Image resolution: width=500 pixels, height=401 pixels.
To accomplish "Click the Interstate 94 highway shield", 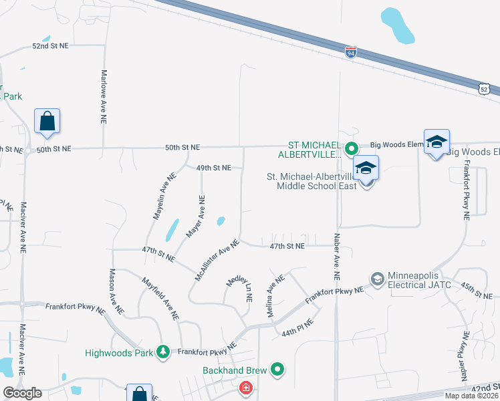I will [351, 52].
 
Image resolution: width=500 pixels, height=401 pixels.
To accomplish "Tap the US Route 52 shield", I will [485, 88].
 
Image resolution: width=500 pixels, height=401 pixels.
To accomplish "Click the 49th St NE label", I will [213, 167].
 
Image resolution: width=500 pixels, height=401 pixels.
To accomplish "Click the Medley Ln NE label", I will [242, 288].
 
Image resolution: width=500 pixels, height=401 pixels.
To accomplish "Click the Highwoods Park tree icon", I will [162, 352].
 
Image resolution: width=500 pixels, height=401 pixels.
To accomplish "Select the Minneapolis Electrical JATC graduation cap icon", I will [378, 278].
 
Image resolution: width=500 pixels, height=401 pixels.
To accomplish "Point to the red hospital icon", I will [246, 388].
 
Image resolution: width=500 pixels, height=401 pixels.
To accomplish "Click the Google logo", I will [22, 393].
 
